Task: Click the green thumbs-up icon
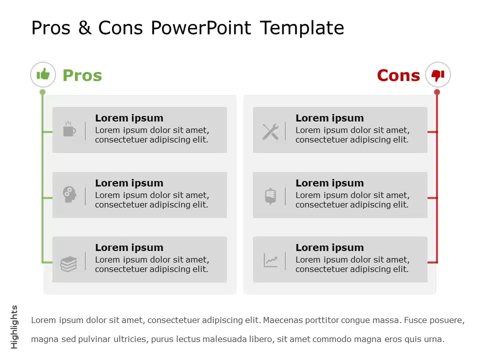(x=43, y=74)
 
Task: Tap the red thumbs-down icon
(x=438, y=75)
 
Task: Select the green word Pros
(x=82, y=75)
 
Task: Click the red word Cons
(x=398, y=75)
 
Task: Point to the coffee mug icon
(x=69, y=128)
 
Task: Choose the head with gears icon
(x=69, y=194)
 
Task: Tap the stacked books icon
(x=68, y=264)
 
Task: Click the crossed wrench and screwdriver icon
(x=270, y=131)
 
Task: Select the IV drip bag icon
(x=270, y=196)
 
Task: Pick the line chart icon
(x=270, y=260)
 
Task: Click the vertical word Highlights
(x=14, y=327)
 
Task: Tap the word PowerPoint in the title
(x=201, y=28)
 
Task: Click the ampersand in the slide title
(x=84, y=28)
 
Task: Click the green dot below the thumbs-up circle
(x=42, y=92)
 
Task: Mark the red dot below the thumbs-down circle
(x=437, y=92)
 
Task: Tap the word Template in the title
(x=302, y=28)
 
